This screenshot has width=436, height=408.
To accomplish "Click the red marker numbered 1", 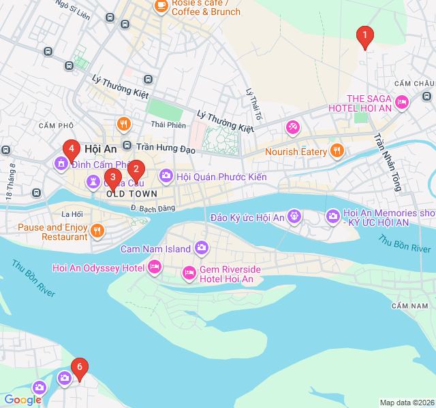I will [364, 36].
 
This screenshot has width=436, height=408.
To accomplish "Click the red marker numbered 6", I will [80, 368].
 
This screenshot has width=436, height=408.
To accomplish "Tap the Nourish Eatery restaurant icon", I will [336, 151].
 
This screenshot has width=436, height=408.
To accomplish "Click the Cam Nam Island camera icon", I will [202, 248].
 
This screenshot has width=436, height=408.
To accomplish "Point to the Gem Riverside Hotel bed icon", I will [189, 273].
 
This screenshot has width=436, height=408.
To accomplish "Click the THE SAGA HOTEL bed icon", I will [402, 103].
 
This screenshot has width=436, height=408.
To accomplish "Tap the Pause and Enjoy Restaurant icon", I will [97, 231].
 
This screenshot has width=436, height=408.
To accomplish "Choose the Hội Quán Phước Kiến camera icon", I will [166, 177].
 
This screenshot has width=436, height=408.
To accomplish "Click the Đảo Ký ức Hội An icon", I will [294, 217].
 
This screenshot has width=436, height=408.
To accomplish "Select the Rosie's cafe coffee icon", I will [161, 6].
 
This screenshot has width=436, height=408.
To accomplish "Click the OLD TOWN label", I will [131, 194].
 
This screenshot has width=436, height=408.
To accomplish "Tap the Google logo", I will [22, 400].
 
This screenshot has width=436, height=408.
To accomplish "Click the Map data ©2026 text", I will [406, 403].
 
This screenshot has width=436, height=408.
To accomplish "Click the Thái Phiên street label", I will [168, 124].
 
